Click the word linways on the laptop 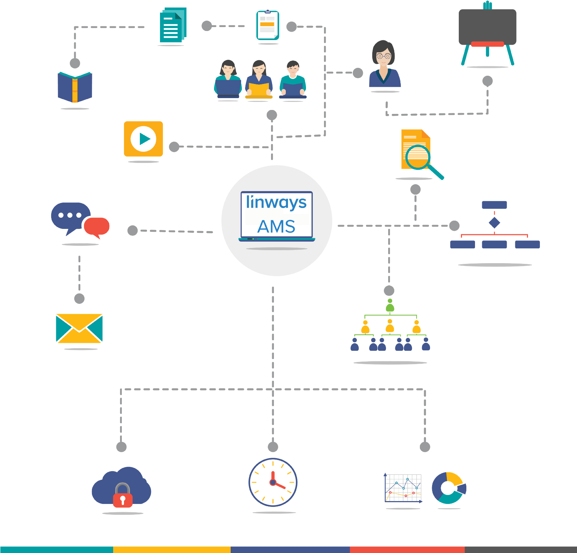tap(276, 203)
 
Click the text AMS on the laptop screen tap(276, 227)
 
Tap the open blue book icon tap(75, 87)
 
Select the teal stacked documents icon tap(173, 25)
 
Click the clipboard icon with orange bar tap(268, 25)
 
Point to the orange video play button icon tap(143, 139)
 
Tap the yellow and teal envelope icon tap(79, 328)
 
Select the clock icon tap(273, 482)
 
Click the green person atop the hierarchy tap(390, 305)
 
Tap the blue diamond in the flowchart tap(494, 222)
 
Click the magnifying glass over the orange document tap(418, 157)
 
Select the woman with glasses tap(384, 65)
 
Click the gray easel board tap(487, 27)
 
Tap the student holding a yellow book tap(259, 79)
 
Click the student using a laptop tap(228, 79)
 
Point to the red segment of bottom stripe tap(407, 549)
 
